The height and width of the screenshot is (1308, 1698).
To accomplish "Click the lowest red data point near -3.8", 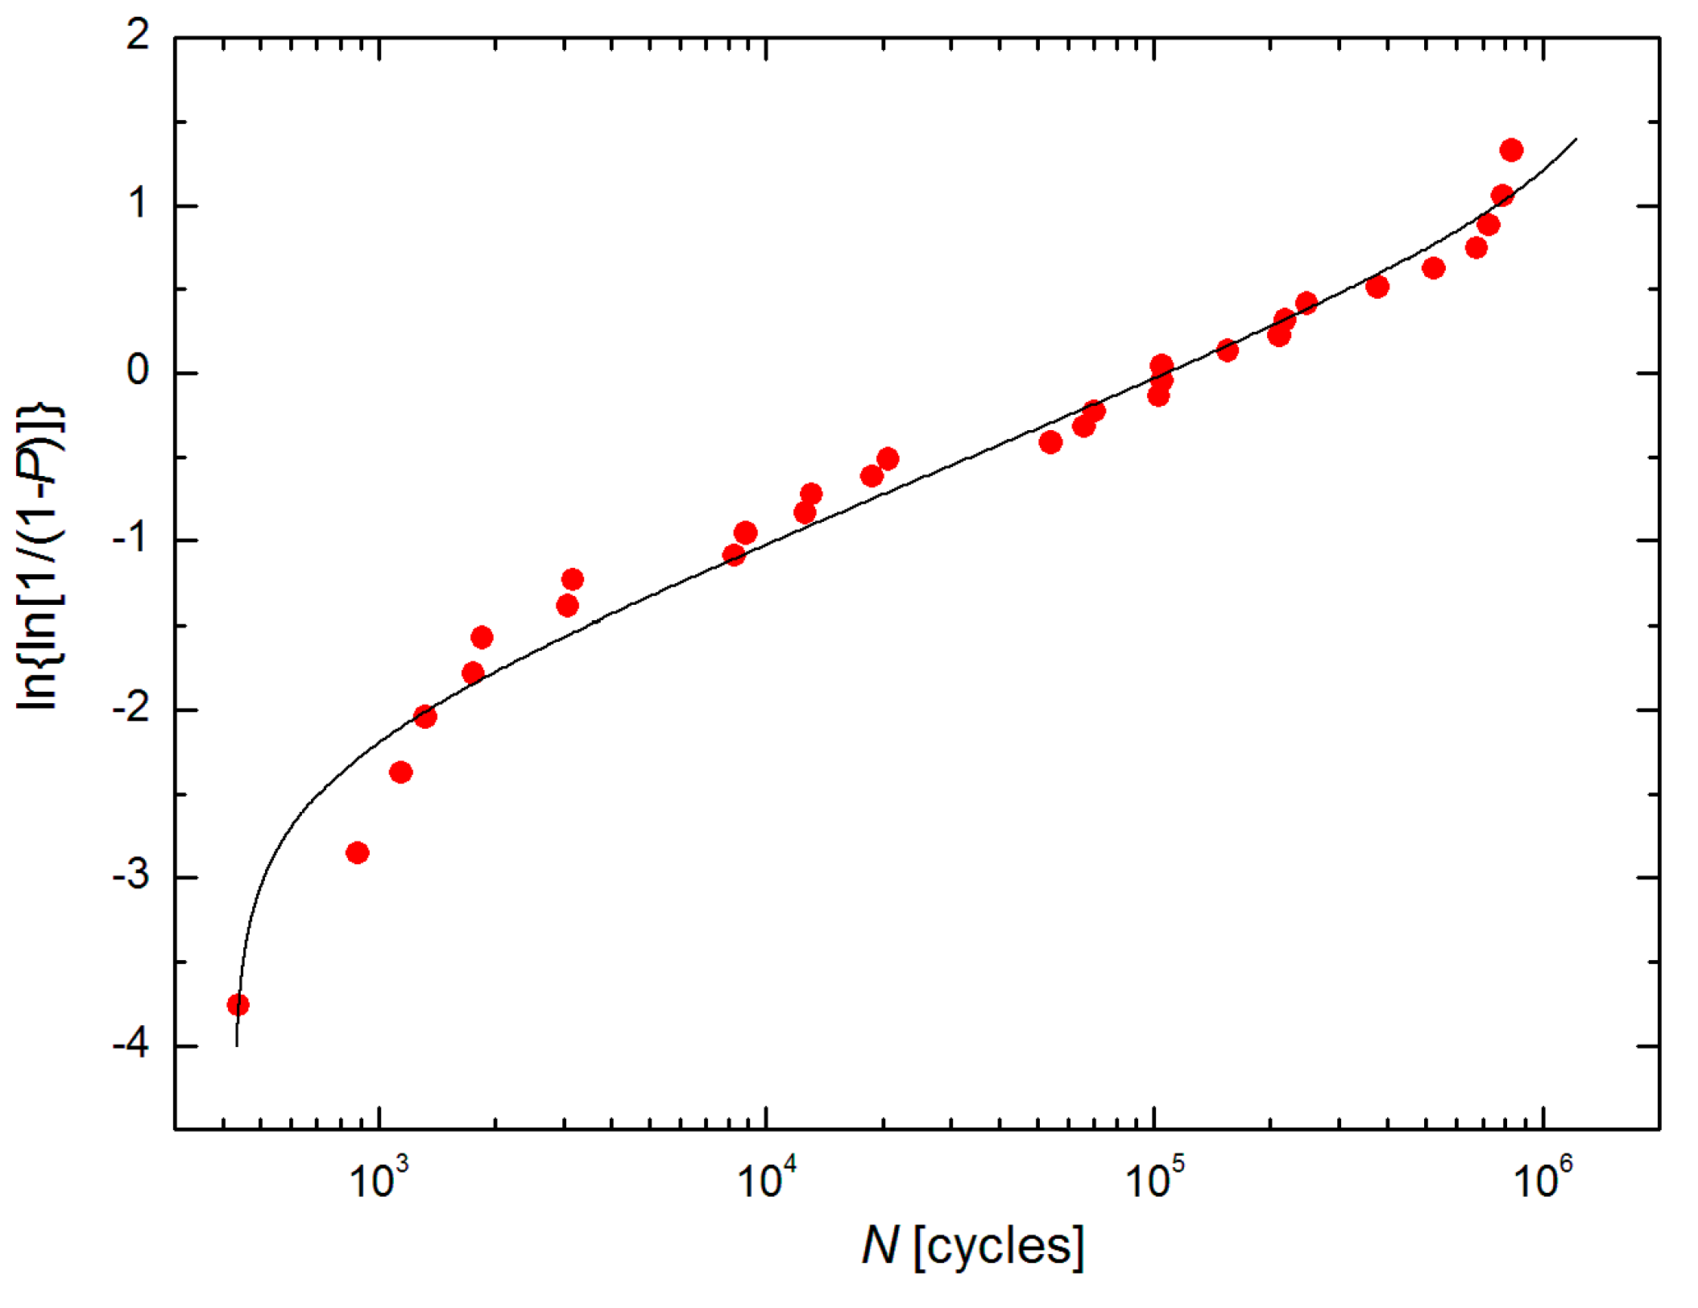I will click(x=238, y=1004).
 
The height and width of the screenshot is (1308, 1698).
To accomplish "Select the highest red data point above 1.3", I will click(x=1511, y=150).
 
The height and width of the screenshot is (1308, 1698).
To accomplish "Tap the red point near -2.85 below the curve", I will click(x=358, y=852).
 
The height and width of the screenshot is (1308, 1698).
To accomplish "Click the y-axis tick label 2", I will click(x=138, y=35).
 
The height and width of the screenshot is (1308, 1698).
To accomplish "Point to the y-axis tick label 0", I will click(x=138, y=371).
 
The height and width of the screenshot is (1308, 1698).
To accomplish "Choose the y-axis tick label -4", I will click(x=130, y=1045).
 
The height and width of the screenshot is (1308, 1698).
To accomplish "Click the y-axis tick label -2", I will click(x=130, y=708).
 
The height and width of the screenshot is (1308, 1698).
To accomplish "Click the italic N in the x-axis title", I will click(x=880, y=1246).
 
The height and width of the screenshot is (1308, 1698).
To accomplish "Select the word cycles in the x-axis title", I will click(x=999, y=1246).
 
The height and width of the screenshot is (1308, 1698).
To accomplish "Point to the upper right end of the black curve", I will click(x=1576, y=139).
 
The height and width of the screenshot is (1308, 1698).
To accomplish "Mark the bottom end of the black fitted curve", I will click(x=236, y=1045).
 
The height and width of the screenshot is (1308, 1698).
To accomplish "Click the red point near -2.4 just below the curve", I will click(x=401, y=772).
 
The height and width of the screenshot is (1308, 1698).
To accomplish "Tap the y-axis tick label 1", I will click(x=138, y=204).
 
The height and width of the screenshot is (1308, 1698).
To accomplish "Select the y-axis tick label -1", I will click(x=130, y=539).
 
